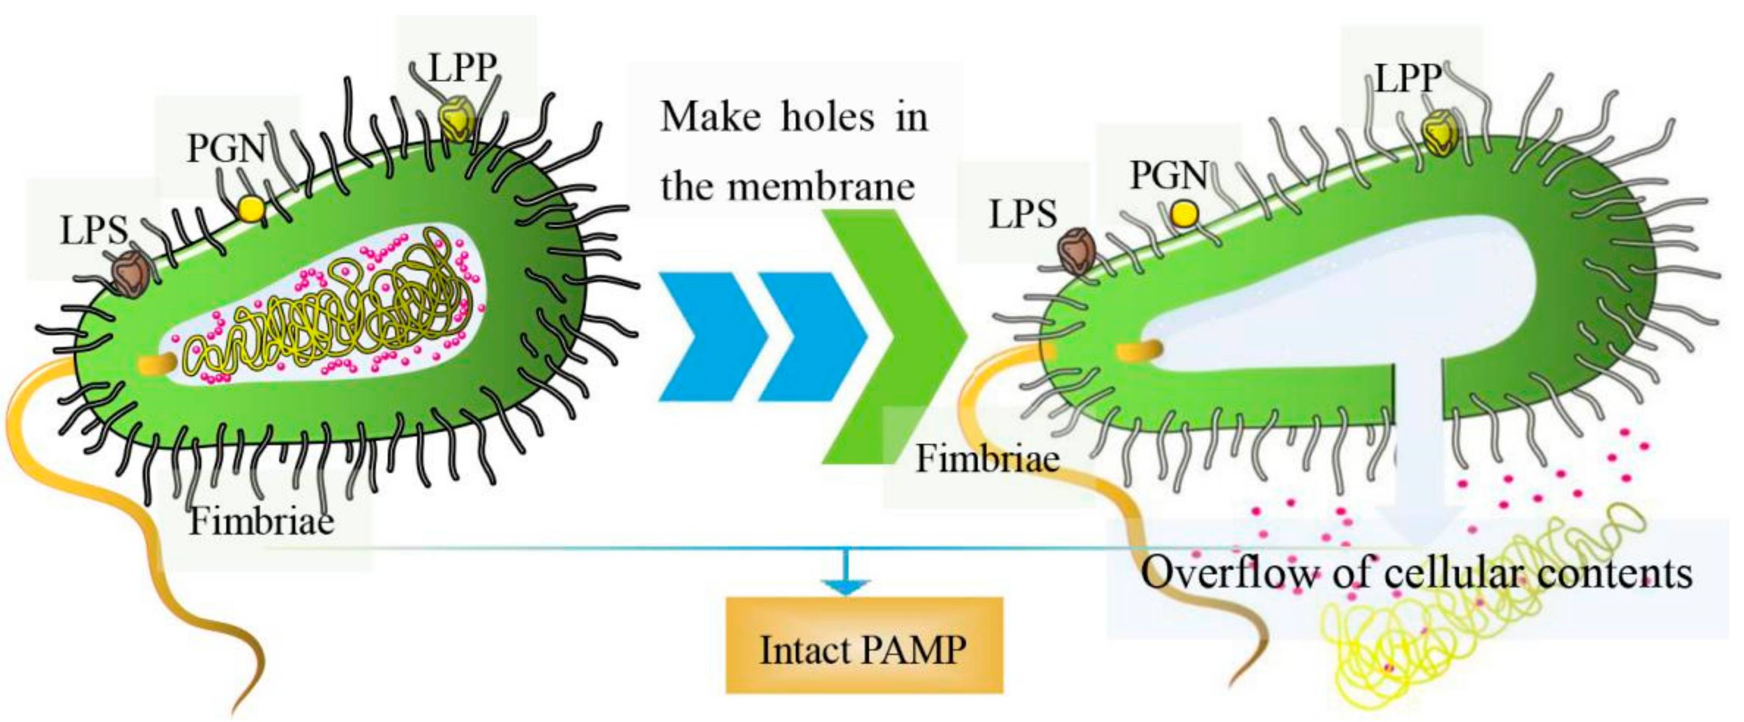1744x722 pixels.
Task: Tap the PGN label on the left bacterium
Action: pos(226,147)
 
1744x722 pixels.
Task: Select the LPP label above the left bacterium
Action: pos(463,68)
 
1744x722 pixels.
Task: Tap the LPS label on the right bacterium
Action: pos(1022,215)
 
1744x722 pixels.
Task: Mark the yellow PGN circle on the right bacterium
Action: pos(1184,215)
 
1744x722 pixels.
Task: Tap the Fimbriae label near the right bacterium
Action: pos(987,459)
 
